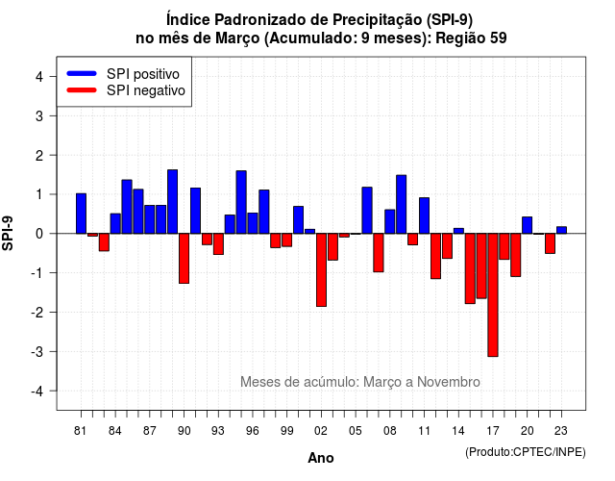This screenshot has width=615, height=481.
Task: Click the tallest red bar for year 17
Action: click(493, 295)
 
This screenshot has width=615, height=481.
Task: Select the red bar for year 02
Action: click(321, 269)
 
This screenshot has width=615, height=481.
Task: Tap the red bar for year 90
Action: click(184, 259)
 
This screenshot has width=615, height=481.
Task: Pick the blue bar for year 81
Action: click(81, 214)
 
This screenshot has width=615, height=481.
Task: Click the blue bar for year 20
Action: click(528, 225)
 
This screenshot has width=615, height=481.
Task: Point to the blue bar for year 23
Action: click(561, 230)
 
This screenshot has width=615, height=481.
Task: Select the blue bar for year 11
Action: click(424, 215)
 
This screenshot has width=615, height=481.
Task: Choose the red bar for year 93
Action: click(218, 243)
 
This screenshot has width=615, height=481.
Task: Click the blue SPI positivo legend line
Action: click(82, 73)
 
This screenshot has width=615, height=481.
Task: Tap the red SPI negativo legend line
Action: click(82, 89)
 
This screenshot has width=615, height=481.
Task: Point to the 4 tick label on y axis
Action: click(39, 76)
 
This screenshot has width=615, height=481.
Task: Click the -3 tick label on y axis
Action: click(37, 351)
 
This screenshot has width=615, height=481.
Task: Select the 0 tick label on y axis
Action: click(39, 234)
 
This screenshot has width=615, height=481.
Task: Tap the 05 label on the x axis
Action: click(355, 431)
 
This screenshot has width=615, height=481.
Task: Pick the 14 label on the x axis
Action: click(458, 431)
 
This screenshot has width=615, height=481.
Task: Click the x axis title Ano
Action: click(321, 458)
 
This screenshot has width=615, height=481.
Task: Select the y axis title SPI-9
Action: click(8, 233)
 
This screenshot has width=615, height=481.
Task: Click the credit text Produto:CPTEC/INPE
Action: click(526, 452)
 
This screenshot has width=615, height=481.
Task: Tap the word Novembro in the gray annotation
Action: click(449, 382)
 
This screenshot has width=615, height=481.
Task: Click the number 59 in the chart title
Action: click(498, 38)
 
